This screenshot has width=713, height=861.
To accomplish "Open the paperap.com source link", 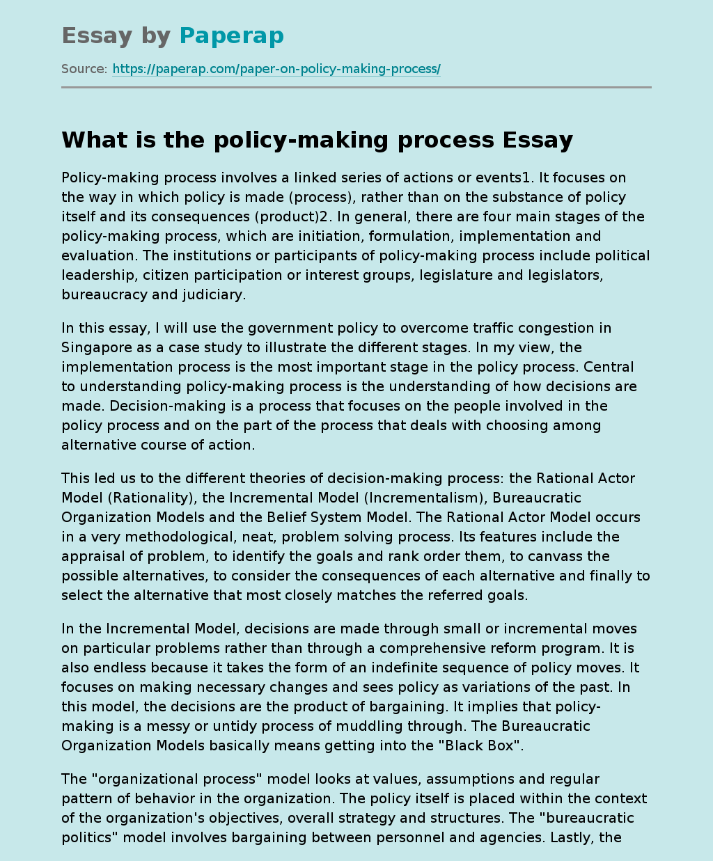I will (x=276, y=69).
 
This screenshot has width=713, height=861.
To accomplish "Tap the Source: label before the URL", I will (x=84, y=69).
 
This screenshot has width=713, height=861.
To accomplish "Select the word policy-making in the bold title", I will (x=297, y=140).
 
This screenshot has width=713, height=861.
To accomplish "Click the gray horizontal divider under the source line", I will (x=356, y=88).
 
